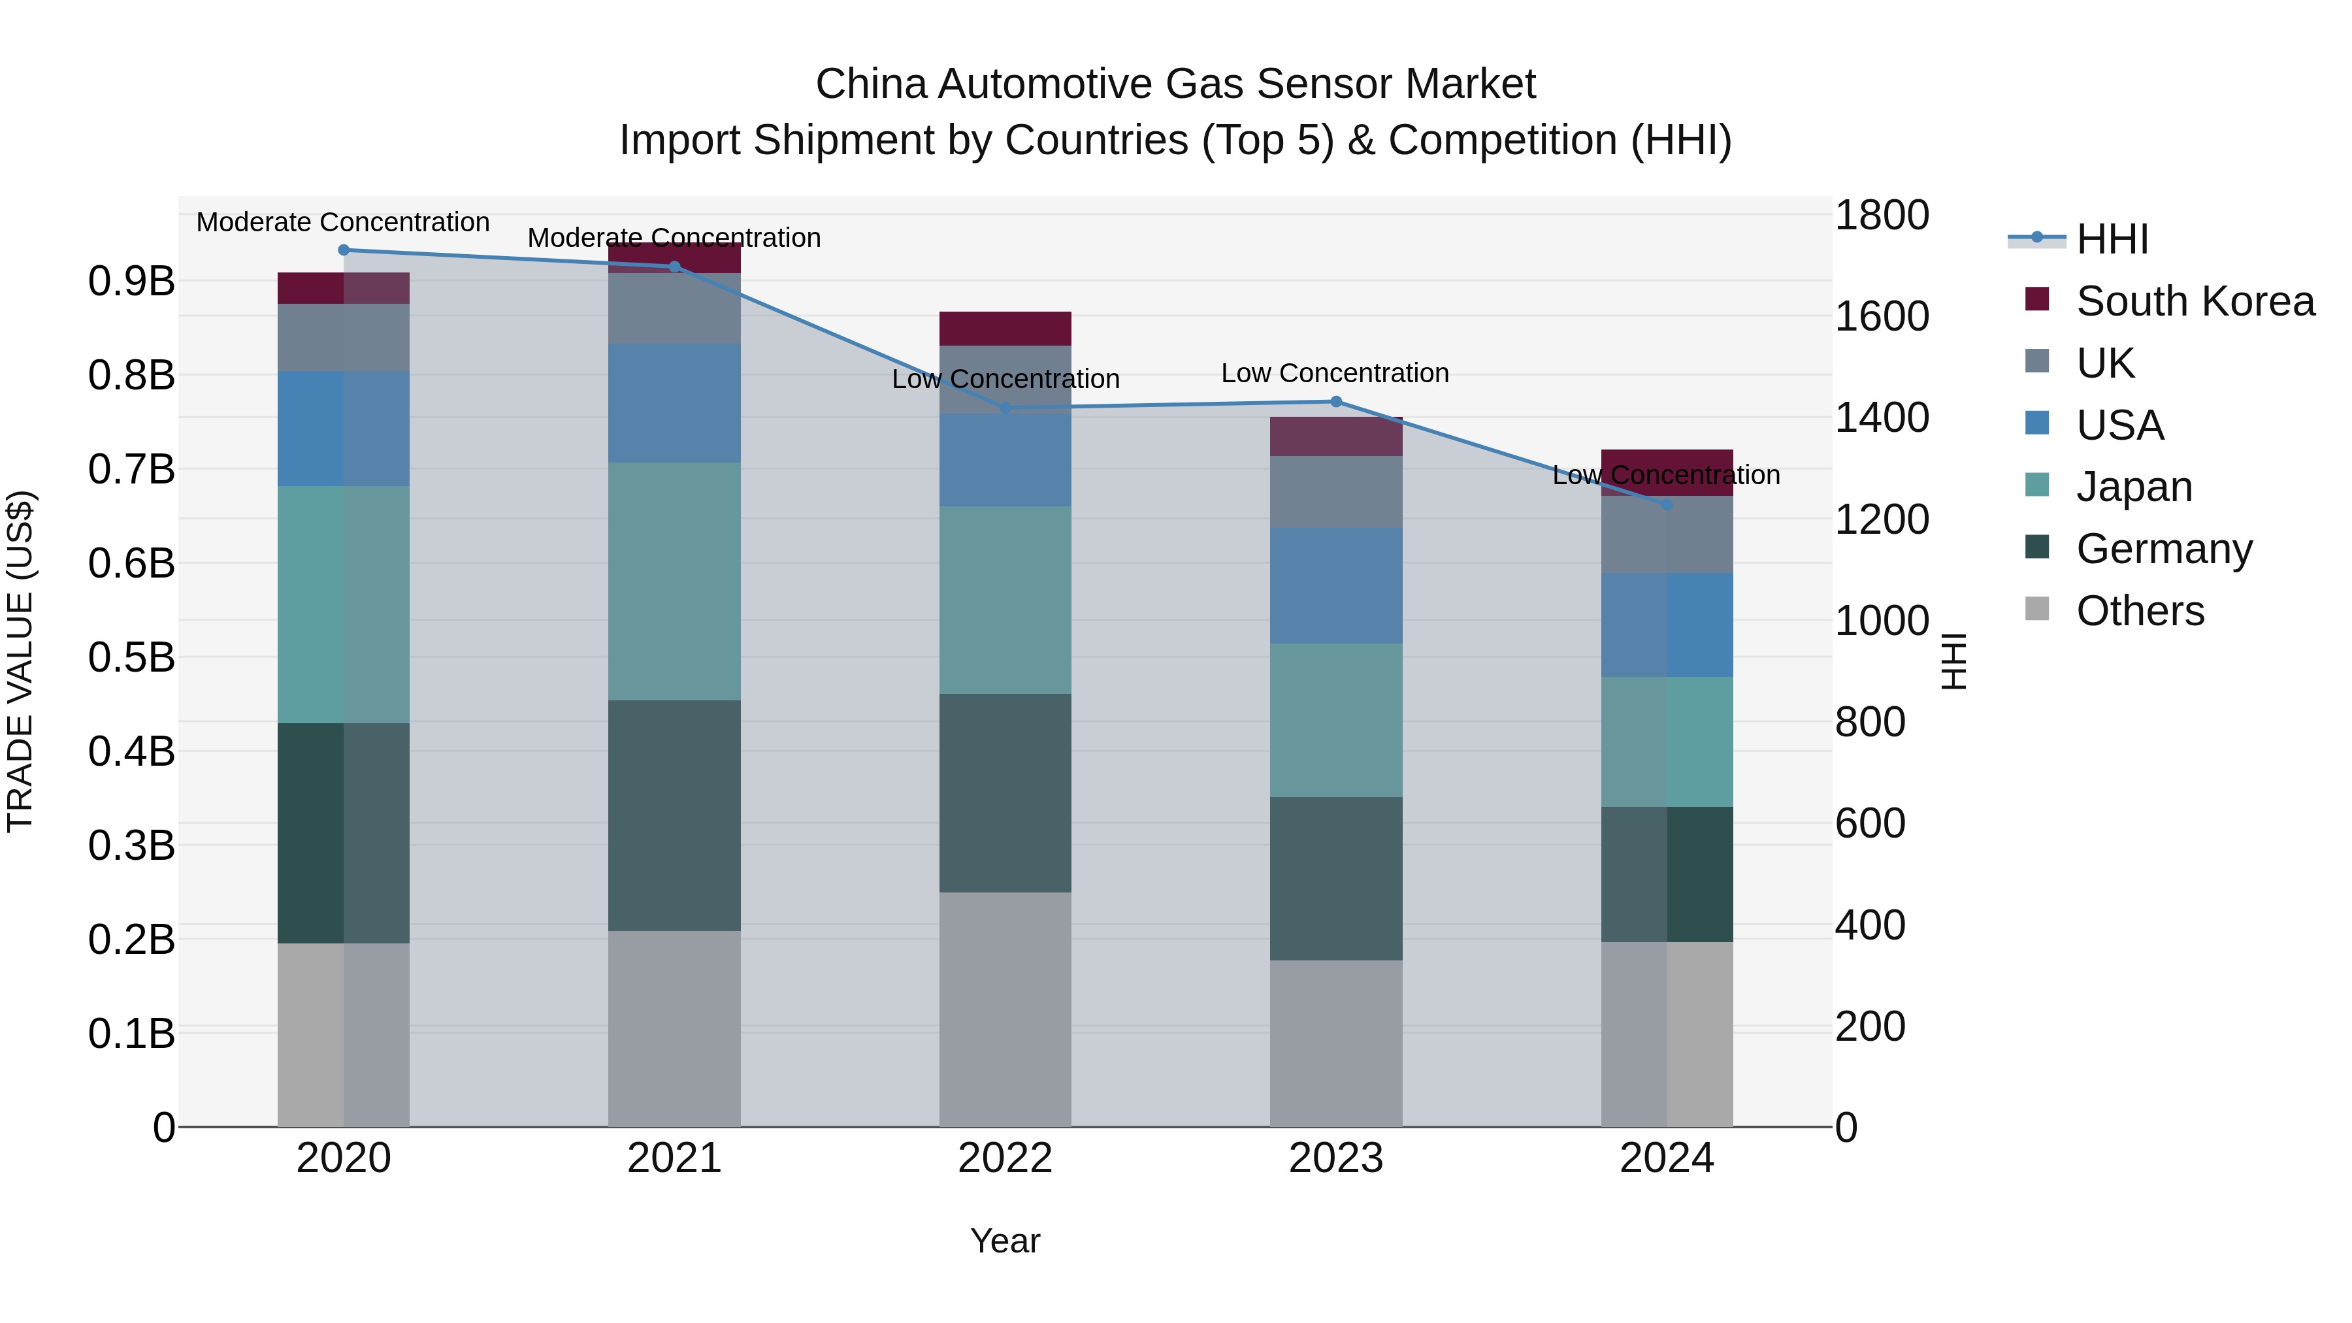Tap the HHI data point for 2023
pos(1336,402)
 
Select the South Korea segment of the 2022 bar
pos(1005,329)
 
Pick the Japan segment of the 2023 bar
pos(1336,721)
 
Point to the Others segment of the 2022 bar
pos(1005,1009)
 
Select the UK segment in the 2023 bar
pos(1336,492)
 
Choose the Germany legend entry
pos(2164,549)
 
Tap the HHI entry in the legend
pos(2111,239)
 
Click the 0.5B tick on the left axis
pos(131,657)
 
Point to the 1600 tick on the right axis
pos(1882,317)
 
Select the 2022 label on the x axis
pos(1005,1158)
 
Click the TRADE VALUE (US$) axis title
pos(20,661)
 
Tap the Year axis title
pos(1005,1241)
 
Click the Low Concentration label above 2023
pos(1335,374)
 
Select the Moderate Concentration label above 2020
pos(343,223)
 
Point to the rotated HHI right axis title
pos(1952,661)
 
